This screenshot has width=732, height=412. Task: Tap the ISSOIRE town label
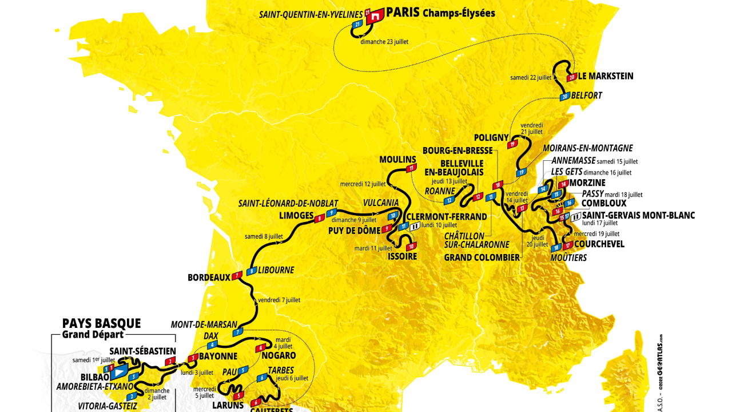(402, 256)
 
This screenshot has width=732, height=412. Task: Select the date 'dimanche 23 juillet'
(384, 42)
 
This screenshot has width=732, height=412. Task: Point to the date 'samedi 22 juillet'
(531, 77)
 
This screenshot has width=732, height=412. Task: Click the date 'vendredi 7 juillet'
(279, 300)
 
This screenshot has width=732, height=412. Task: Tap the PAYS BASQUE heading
(101, 324)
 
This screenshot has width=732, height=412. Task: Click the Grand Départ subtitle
(93, 335)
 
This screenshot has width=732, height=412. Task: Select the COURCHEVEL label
(599, 244)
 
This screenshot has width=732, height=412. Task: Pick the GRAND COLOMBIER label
(482, 257)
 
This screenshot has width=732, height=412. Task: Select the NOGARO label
(280, 356)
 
